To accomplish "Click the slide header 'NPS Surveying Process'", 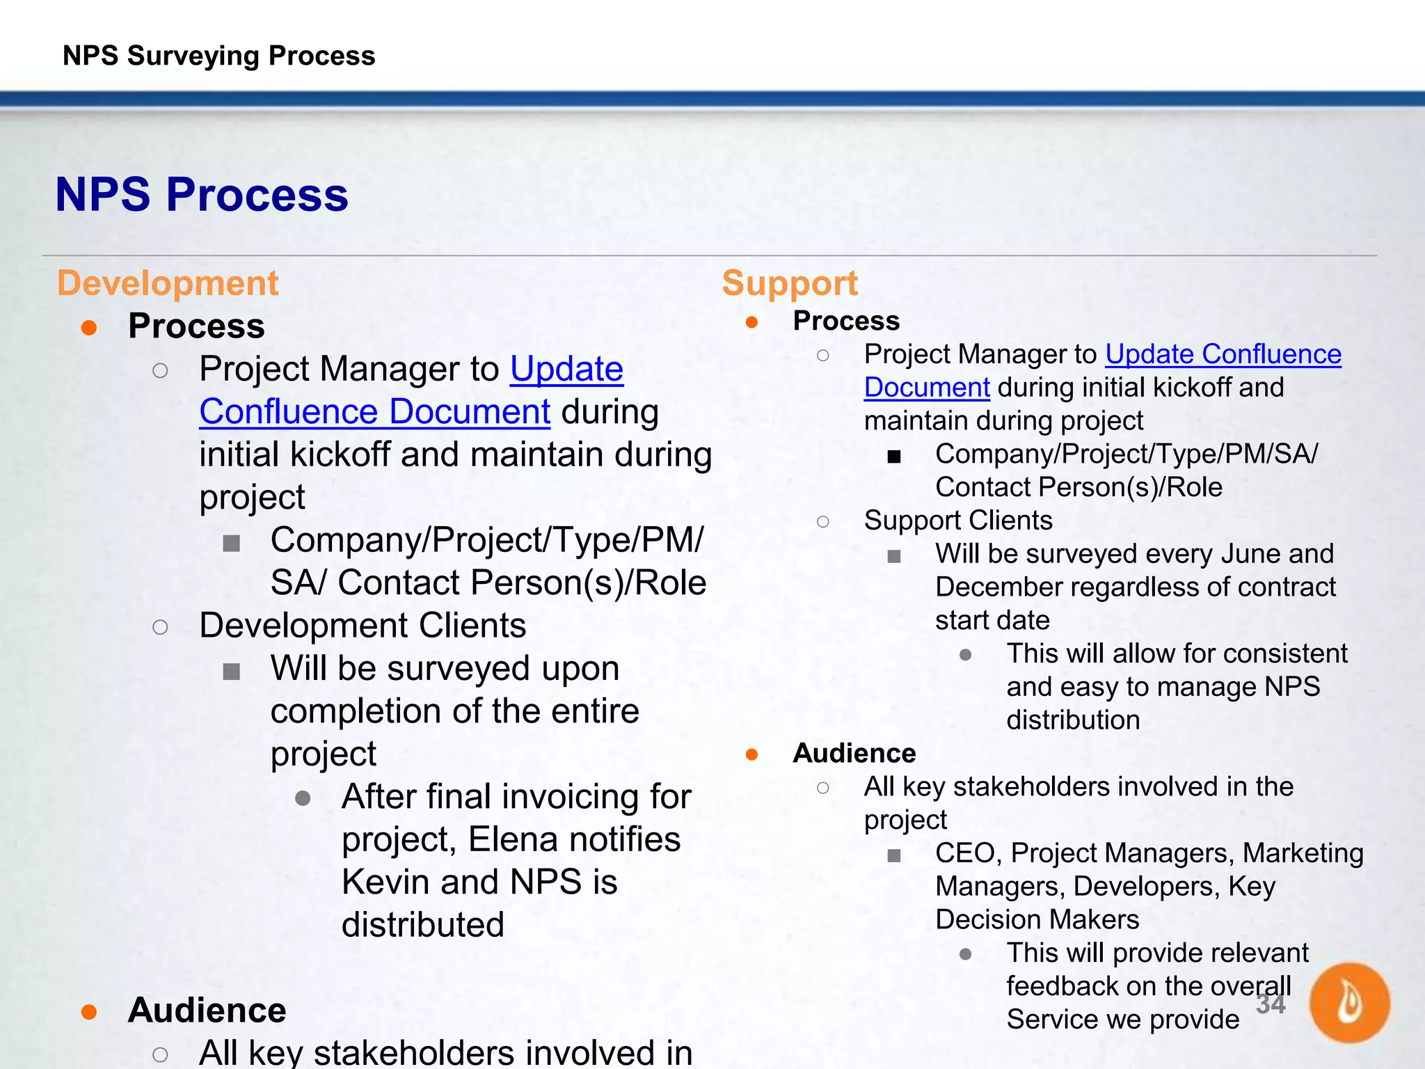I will pos(218,56).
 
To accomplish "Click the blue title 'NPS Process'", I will pos(202,194).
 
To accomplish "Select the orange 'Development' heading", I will pos(168,283).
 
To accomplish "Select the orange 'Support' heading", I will pos(790,283).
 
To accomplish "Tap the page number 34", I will pos(1271,1004).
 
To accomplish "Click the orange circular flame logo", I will pos(1349,1002).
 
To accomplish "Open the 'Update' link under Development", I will pos(566,369).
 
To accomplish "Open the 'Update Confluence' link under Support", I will pos(1223,354).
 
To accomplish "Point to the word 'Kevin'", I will pos(385,882).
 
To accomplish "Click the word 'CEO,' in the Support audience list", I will pos(968,853).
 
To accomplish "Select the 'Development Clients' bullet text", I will pos(363,626).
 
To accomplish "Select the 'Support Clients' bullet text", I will pos(958,521).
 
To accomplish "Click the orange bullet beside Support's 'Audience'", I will pos(751,754).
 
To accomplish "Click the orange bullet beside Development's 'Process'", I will pos(89,327).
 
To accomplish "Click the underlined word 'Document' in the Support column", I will pos(926,388).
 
